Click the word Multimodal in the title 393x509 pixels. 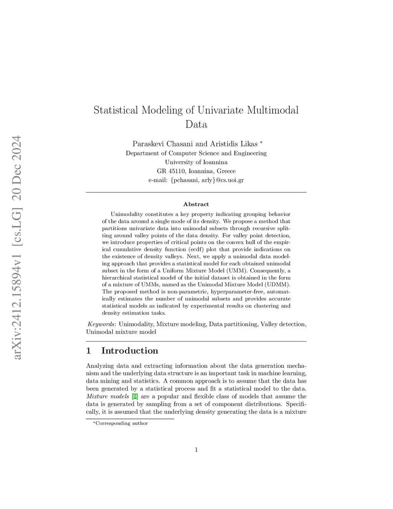coord(272,110)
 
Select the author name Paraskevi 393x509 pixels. coord(149,144)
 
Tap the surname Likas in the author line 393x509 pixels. coord(249,144)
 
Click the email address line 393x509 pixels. coord(196,180)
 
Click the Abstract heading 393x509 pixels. coord(196,204)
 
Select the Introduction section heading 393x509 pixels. coord(129,351)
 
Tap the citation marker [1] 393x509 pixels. coord(135,396)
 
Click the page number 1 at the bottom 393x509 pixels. coord(196,450)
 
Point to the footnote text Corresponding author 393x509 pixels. coord(121,423)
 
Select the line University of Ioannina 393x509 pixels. coord(196,162)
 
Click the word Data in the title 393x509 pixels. coord(196,124)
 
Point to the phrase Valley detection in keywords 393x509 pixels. coord(282,324)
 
